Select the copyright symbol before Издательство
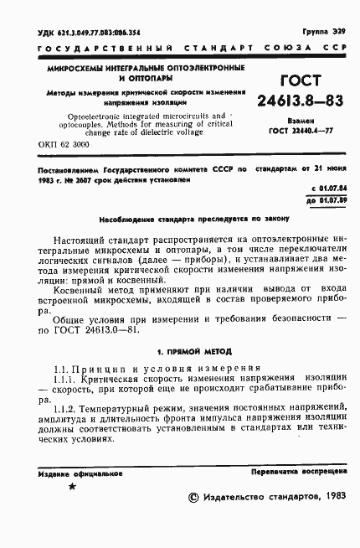(x=194, y=497)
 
